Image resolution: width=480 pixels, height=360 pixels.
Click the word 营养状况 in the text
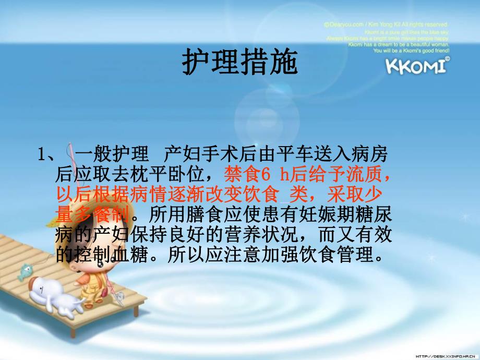click(261, 234)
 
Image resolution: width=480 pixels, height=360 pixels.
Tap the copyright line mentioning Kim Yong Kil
click(386, 24)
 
